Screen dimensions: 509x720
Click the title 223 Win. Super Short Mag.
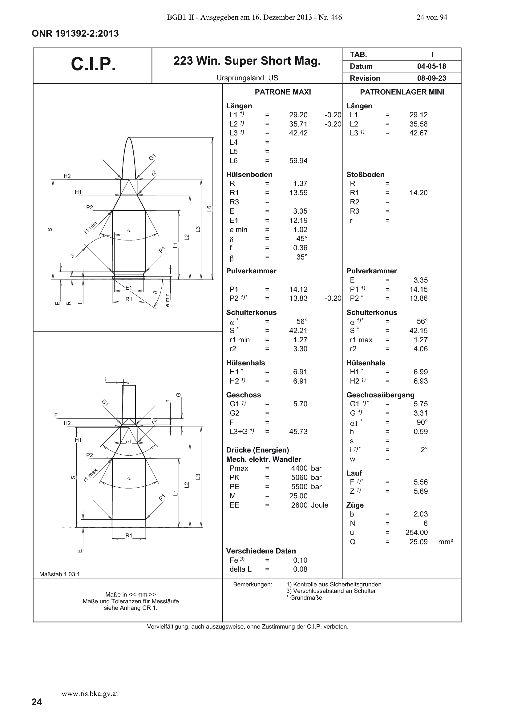[x=247, y=61]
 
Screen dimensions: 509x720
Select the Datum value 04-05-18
[x=431, y=66]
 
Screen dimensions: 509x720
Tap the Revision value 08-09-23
[x=431, y=78]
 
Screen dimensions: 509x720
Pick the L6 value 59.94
[x=298, y=161]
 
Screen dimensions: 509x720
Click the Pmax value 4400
[x=299, y=468]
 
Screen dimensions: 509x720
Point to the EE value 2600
[x=299, y=505]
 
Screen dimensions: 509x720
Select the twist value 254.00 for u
[x=417, y=533]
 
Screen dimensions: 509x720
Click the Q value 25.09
[x=418, y=542]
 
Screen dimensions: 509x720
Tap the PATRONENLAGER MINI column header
[x=402, y=92]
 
